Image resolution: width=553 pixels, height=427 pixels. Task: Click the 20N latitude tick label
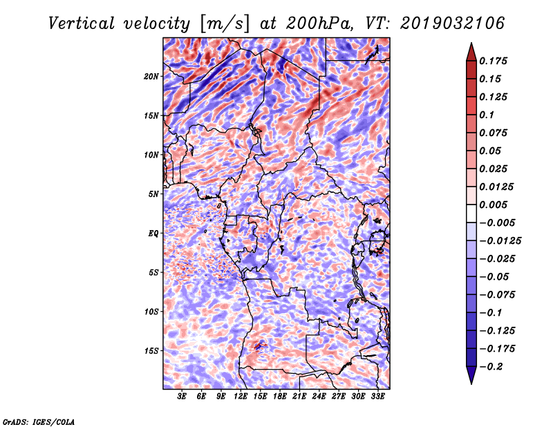coord(151,76)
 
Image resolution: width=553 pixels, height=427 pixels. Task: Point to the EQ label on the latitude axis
coord(153,234)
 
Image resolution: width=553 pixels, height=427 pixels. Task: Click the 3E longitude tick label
coord(182,397)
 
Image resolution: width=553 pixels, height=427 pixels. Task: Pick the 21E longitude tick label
coord(300,397)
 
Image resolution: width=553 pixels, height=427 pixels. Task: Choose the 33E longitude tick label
coord(378,397)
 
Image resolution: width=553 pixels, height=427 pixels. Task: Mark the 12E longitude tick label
coord(241,397)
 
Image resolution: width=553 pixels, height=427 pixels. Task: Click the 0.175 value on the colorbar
coord(495,61)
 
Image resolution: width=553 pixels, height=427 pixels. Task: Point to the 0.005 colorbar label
coord(495,205)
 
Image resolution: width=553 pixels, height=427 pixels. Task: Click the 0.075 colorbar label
coord(495,133)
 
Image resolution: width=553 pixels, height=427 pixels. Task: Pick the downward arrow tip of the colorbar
coord(470,382)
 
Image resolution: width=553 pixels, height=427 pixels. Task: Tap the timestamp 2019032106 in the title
coord(451,23)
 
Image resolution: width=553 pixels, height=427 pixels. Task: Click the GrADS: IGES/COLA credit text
coord(38,420)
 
